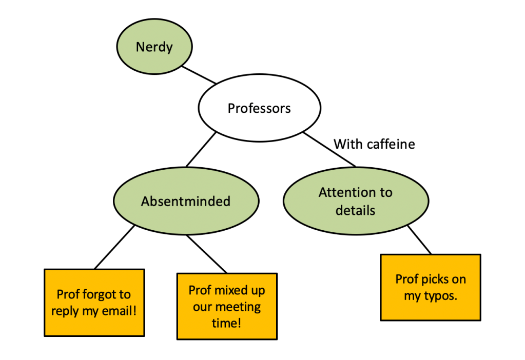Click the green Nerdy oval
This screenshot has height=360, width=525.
coord(154,47)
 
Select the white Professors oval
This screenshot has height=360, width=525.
coord(259,109)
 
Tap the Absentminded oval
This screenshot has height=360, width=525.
coord(185,201)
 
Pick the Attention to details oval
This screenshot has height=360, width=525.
coord(355,201)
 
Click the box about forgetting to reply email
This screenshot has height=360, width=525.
coord(94,303)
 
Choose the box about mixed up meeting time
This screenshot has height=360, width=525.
coord(227,306)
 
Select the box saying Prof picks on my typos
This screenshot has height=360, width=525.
coord(431,287)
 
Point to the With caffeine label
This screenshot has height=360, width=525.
coord(374,144)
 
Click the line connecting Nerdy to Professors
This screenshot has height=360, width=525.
coord(200,75)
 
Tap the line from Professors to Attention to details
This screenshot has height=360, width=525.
coord(329,151)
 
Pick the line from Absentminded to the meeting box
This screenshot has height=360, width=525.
coord(207,254)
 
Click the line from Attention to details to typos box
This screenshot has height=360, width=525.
coord(420,240)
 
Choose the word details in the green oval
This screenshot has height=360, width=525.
coord(355,210)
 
